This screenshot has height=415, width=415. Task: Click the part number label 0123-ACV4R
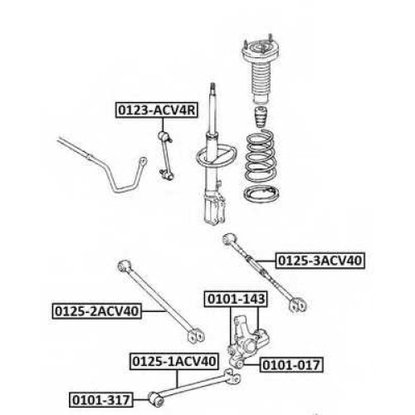click(x=157, y=110)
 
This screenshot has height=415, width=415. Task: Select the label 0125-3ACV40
click(x=320, y=261)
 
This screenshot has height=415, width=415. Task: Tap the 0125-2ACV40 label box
click(x=97, y=311)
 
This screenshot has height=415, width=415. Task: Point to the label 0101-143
click(x=236, y=299)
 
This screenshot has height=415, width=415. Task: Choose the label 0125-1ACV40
click(x=174, y=362)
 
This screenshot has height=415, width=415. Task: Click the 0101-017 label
click(x=291, y=365)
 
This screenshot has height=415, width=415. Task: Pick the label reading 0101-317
click(x=101, y=400)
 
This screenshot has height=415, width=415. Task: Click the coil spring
click(x=261, y=157)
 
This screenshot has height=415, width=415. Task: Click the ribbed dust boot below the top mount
click(x=261, y=84)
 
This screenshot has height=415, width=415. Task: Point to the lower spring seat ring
click(x=261, y=194)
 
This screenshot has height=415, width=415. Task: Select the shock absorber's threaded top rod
click(x=212, y=107)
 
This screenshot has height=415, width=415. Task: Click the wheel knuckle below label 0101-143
click(x=246, y=342)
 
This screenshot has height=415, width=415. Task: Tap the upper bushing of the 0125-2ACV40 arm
click(x=124, y=266)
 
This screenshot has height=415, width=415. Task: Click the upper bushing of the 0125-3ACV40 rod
click(x=230, y=240)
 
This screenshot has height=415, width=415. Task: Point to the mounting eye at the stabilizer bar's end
click(x=143, y=161)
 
